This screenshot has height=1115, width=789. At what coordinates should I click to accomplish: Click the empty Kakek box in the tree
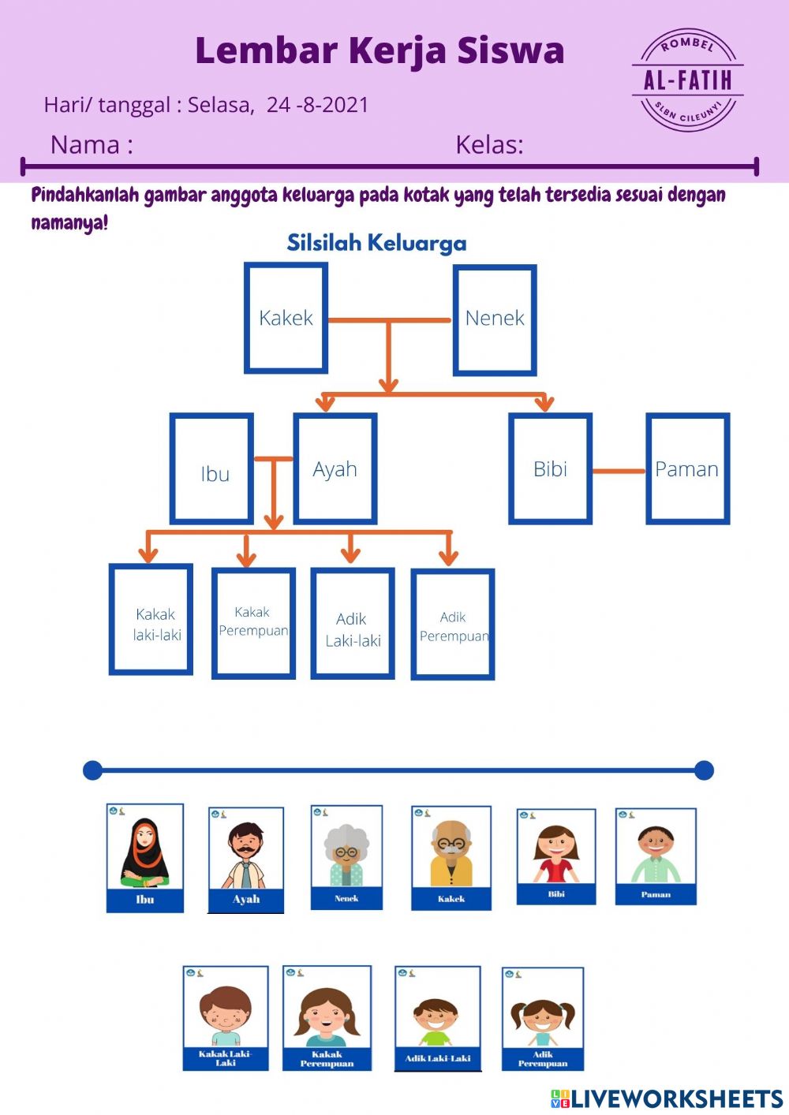[286, 319]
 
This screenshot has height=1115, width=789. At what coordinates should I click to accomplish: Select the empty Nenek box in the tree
[495, 319]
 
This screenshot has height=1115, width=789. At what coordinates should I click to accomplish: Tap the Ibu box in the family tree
[211, 469]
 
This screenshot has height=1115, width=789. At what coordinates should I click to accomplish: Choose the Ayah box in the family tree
[335, 469]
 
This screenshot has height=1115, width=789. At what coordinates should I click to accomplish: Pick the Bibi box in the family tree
[550, 469]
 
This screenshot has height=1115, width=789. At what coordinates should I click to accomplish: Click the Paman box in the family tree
[687, 469]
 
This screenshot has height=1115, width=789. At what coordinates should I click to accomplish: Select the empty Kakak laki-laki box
[151, 620]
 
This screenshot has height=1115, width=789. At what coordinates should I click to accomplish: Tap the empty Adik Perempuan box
[453, 625]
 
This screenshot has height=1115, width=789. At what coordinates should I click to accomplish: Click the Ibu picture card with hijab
[145, 858]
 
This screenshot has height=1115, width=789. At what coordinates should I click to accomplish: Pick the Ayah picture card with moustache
[245, 860]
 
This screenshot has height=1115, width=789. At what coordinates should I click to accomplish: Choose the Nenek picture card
[346, 857]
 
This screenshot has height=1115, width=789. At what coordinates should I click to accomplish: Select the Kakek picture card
[451, 858]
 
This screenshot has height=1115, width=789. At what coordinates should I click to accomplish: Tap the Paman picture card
[656, 856]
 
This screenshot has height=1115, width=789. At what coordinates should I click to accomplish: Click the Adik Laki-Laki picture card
[437, 1019]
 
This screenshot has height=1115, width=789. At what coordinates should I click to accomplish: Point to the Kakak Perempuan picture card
[327, 1018]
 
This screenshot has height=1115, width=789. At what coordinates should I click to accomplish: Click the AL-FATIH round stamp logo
[688, 80]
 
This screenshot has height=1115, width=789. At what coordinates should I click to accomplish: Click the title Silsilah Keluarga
[376, 243]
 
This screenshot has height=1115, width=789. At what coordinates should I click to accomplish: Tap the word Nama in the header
[85, 145]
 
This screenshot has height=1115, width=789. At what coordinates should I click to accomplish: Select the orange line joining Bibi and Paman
[619, 472]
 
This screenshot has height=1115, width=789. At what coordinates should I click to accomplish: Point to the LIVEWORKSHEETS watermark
[667, 1098]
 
